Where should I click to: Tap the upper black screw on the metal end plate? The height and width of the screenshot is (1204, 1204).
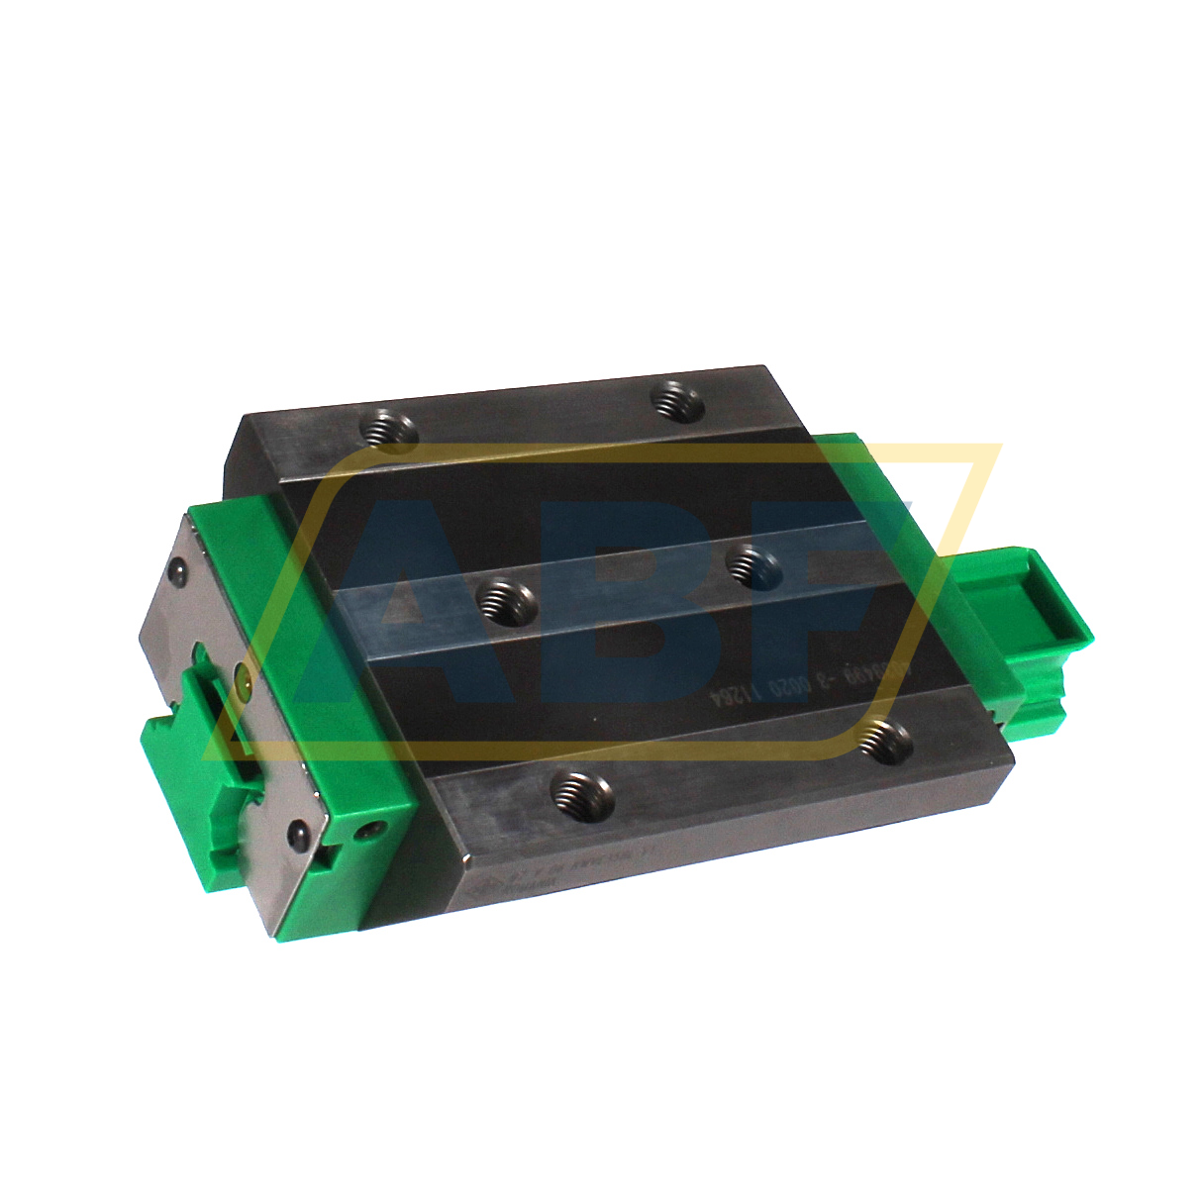pos(178,570)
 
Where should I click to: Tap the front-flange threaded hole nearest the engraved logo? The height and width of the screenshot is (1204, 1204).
pos(582,792)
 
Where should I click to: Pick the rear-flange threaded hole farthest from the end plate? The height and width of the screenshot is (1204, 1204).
pos(677,402)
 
